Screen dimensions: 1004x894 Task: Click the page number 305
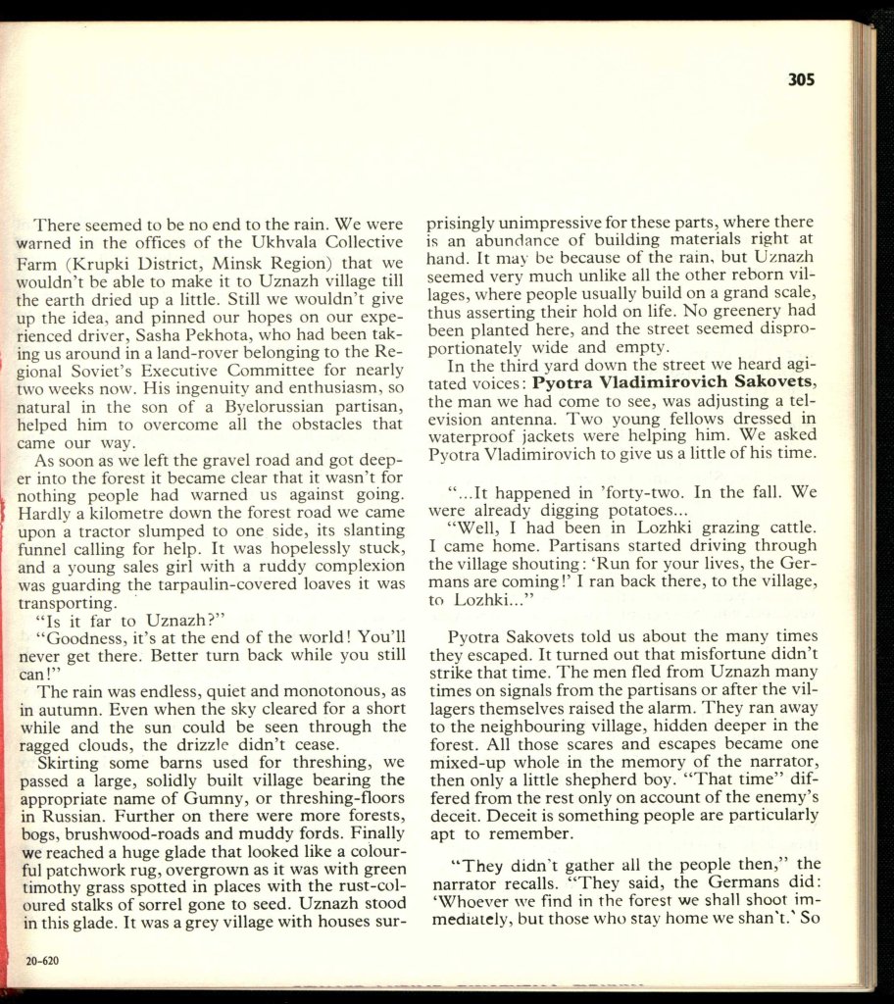801,80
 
